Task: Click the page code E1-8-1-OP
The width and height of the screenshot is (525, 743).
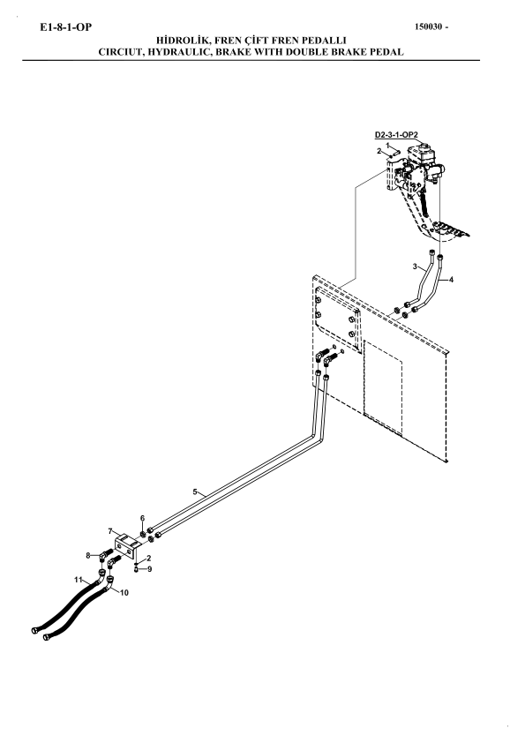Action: pyautogui.click(x=66, y=27)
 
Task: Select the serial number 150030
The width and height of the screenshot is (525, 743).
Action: pyautogui.click(x=430, y=27)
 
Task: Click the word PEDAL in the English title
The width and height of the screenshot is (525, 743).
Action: pyautogui.click(x=386, y=52)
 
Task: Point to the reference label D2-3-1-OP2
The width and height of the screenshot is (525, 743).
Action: pyautogui.click(x=396, y=135)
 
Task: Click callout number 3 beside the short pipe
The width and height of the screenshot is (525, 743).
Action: pyautogui.click(x=415, y=266)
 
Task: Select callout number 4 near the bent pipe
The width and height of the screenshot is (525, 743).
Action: pyautogui.click(x=451, y=280)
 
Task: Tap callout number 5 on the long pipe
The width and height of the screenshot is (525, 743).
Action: pyautogui.click(x=195, y=492)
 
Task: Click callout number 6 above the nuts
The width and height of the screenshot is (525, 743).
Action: pyautogui.click(x=142, y=518)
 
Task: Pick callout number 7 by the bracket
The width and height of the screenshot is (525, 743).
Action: pyautogui.click(x=110, y=531)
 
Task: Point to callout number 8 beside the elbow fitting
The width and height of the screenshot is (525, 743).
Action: pyautogui.click(x=88, y=555)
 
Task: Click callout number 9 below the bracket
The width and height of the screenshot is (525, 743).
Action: pyautogui.click(x=150, y=569)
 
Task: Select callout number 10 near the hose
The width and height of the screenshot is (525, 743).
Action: pyautogui.click(x=124, y=593)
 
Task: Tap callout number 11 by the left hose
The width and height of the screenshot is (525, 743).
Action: pyautogui.click(x=79, y=580)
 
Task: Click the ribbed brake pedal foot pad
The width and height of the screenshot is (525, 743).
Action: pyautogui.click(x=451, y=229)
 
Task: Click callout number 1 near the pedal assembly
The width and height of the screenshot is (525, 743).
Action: pyautogui.click(x=387, y=145)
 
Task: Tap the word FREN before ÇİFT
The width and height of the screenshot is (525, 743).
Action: pyautogui.click(x=229, y=41)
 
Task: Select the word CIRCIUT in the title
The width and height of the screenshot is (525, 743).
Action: pyautogui.click(x=120, y=52)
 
